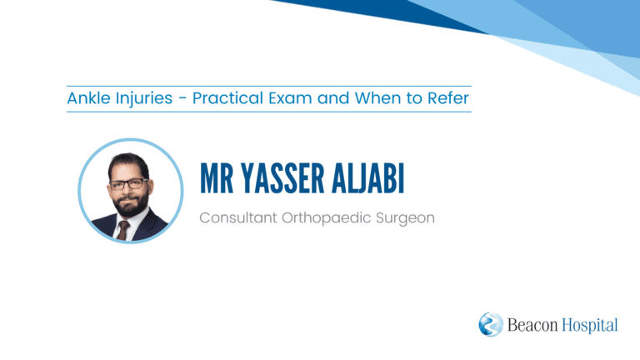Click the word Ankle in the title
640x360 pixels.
tap(88, 98)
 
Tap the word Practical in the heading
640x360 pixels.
tap(227, 98)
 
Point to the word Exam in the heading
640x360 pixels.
tap(290, 98)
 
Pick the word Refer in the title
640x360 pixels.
tap(448, 98)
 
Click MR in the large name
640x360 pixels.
tap(217, 178)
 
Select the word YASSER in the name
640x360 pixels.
tap(282, 178)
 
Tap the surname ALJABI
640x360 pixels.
tap(368, 178)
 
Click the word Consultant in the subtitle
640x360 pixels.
tap(238, 217)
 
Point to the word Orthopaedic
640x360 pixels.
tap(327, 218)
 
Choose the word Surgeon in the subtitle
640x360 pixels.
tap(405, 219)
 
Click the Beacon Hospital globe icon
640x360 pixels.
tap(491, 324)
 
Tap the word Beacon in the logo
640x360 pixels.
tap(532, 325)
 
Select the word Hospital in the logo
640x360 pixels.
tap(590, 326)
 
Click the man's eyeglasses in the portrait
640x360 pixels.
tap(128, 184)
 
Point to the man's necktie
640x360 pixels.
tap(122, 231)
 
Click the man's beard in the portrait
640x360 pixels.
tap(131, 202)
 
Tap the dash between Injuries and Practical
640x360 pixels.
tap(182, 99)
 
